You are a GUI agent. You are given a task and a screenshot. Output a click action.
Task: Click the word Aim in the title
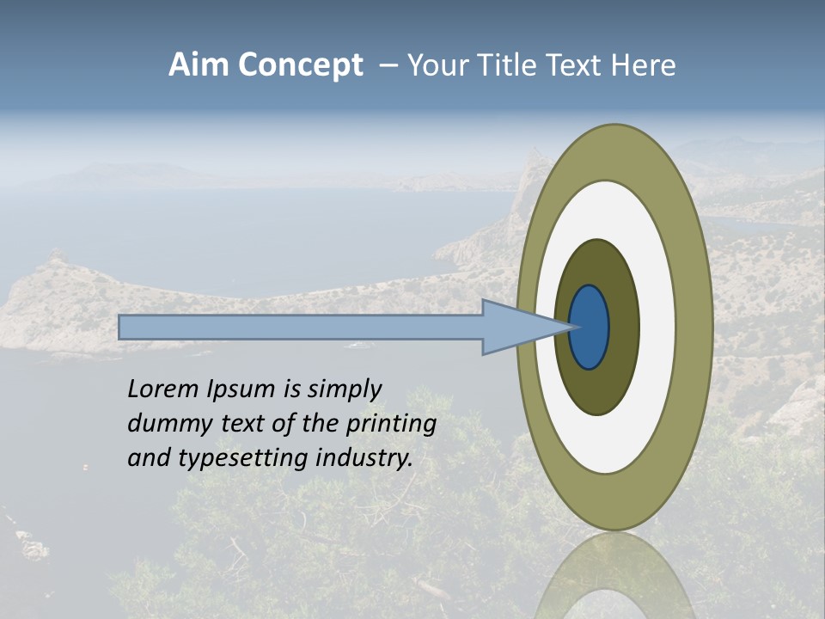point(199,65)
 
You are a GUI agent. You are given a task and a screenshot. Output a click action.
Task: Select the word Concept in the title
point(299,66)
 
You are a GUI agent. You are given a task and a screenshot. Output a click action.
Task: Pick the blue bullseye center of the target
point(590,328)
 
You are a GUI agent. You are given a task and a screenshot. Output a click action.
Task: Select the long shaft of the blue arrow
point(301,328)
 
